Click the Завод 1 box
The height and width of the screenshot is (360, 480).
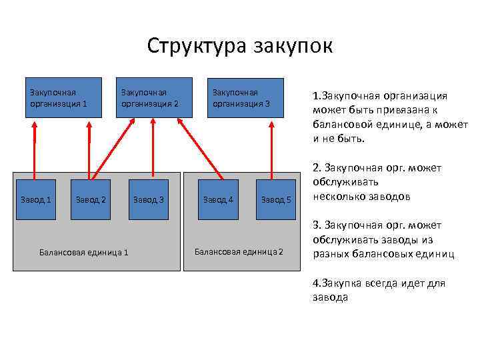[35, 199]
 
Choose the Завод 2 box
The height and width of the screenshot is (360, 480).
[91, 199]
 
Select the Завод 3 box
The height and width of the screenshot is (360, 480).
[148, 199]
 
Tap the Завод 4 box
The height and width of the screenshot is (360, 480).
[219, 199]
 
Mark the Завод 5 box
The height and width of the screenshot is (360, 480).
[275, 199]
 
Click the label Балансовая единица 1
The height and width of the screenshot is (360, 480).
[84, 252]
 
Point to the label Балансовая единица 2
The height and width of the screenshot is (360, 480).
[239, 251]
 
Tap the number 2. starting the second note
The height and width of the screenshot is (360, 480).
[316, 167]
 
